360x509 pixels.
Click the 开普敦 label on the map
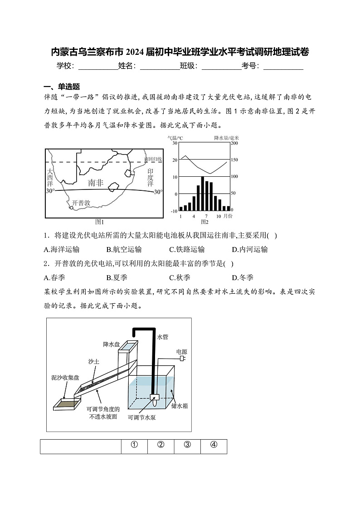click(x=81, y=202)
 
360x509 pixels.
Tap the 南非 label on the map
click(x=96, y=183)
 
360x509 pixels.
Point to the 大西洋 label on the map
click(x=50, y=178)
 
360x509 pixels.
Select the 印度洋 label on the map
click(x=151, y=178)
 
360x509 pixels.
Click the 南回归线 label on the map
click(x=153, y=159)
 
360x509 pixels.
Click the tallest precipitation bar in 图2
click(x=202, y=194)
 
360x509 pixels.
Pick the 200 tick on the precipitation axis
click(x=234, y=143)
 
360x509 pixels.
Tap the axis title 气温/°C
click(x=175, y=138)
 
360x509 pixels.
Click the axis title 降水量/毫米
click(x=226, y=138)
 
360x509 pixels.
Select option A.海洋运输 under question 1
click(x=62, y=249)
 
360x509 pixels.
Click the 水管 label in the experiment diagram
click(x=162, y=337)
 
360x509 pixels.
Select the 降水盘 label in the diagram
click(x=111, y=344)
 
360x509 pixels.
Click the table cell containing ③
click(x=187, y=445)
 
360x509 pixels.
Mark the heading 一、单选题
click(x=62, y=87)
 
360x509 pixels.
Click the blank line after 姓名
click(x=160, y=66)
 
